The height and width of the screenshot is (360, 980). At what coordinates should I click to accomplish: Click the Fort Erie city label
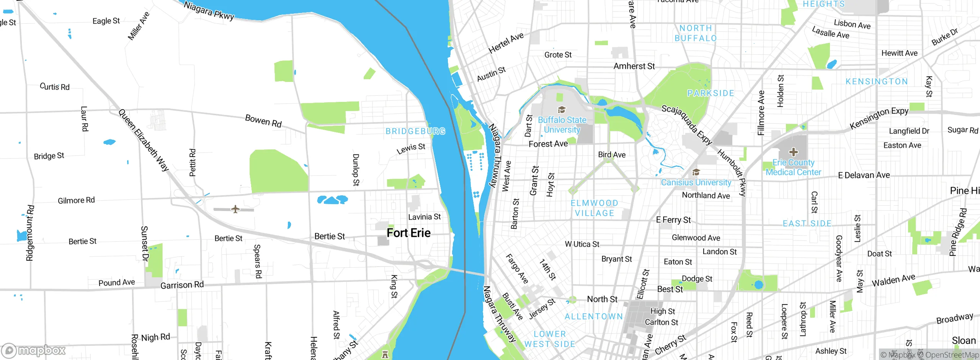(408, 233)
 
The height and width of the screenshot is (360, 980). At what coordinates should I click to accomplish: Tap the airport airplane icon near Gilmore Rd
(235, 209)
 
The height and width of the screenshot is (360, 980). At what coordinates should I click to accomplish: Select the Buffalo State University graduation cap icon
(562, 110)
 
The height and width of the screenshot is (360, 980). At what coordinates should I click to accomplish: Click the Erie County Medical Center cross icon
(794, 152)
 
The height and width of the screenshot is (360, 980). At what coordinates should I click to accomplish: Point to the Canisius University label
(696, 183)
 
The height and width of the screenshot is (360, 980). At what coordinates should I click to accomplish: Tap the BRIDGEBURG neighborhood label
(415, 131)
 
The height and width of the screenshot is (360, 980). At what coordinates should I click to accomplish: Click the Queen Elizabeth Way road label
(143, 140)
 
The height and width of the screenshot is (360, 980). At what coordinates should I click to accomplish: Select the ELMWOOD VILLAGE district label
(595, 208)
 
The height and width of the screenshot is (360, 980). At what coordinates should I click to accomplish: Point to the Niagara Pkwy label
(209, 10)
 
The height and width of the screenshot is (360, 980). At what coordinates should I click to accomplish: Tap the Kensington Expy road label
(879, 118)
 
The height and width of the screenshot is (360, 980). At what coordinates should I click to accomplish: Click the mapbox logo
(34, 350)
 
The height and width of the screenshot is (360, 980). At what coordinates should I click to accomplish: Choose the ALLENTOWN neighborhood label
(594, 316)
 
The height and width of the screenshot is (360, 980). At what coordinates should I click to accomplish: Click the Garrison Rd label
(182, 285)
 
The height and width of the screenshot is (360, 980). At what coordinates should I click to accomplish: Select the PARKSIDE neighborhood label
(710, 93)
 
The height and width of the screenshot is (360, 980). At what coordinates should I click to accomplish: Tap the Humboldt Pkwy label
(732, 173)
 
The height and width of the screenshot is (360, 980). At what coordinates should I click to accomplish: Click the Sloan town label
(964, 340)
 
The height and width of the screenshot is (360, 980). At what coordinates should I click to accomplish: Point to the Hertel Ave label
(506, 43)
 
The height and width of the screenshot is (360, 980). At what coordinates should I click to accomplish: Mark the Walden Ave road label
(893, 280)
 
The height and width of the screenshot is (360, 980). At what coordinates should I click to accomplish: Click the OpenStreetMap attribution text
(952, 355)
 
